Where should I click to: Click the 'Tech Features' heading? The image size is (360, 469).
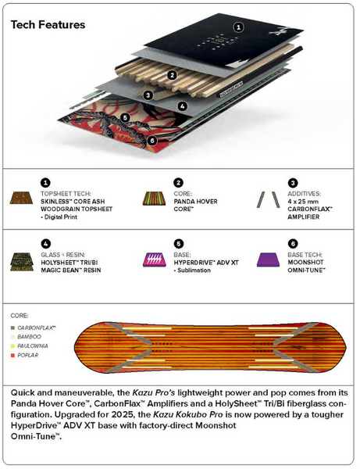pyautogui.click(x=48, y=24)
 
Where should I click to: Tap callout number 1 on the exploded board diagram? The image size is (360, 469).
pyautogui.click(x=239, y=27)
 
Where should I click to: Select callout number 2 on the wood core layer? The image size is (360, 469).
pyautogui.click(x=170, y=76)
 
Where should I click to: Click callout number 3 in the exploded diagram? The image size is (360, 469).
pyautogui.click(x=148, y=95)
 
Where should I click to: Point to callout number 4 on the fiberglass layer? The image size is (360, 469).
pyautogui.click(x=181, y=106)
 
